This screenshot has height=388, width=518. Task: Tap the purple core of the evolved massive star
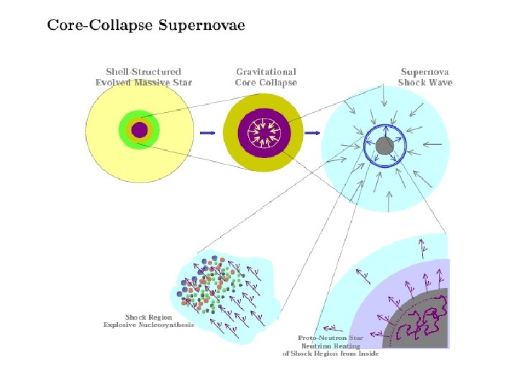pos(139,130)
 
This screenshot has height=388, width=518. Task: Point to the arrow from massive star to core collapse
pos(207,133)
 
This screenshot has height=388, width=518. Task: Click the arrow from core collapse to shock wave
pos(314,133)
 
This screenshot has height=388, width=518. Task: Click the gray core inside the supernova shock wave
pos(384,147)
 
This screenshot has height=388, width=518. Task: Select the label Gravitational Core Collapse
pos(265,77)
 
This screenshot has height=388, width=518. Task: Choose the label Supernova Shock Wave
pos(425,77)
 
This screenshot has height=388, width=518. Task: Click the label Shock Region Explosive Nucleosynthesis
pos(149,321)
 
